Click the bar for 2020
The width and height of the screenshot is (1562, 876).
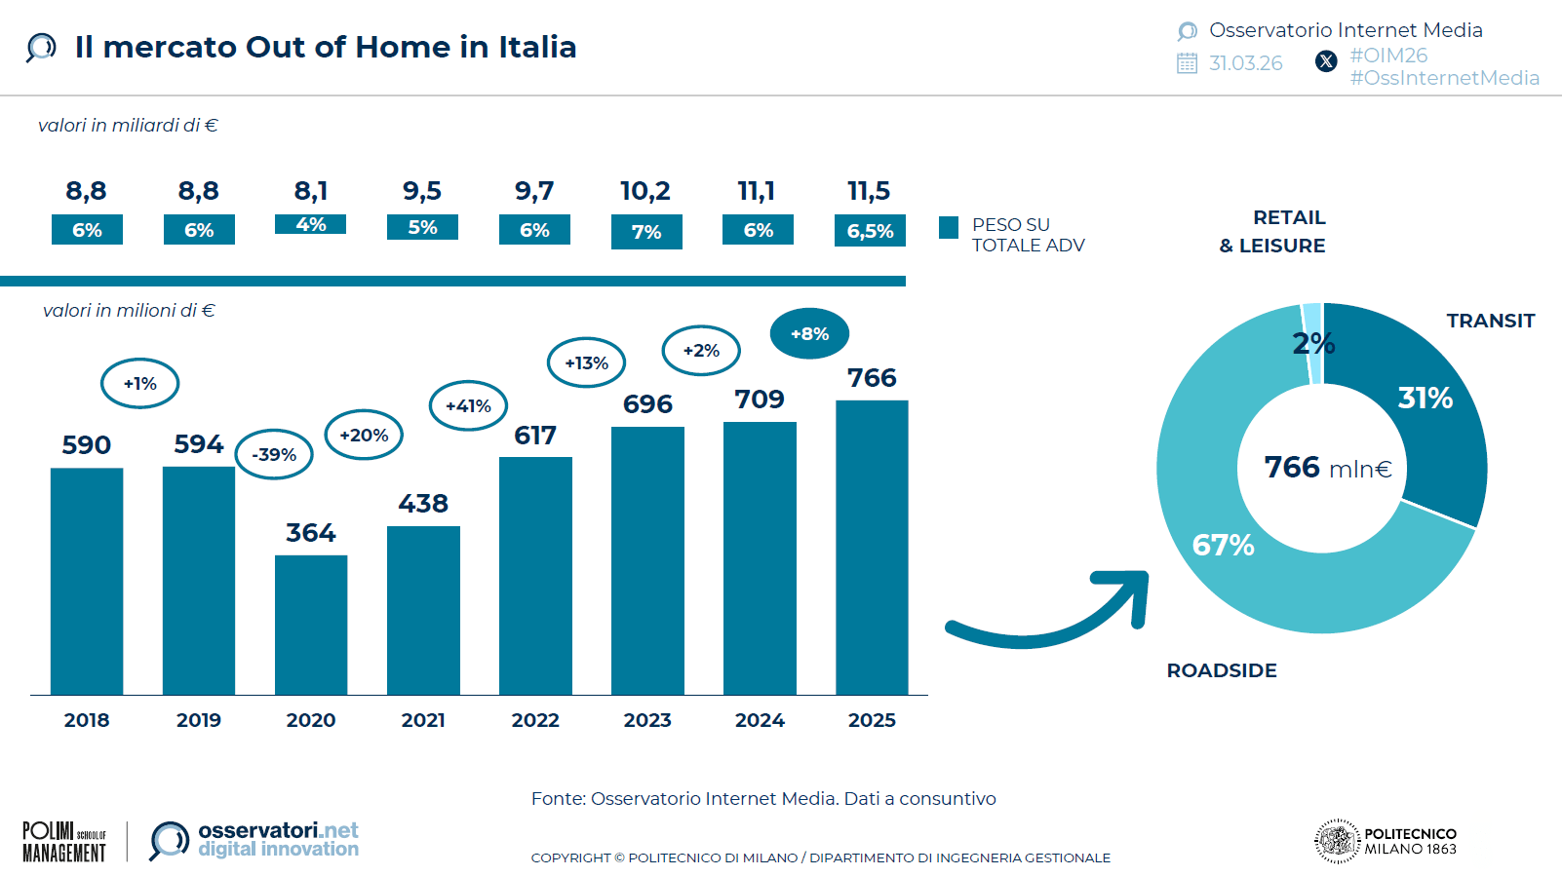point(311,625)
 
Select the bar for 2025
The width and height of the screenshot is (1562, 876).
point(872,547)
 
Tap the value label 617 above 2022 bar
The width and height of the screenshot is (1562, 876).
point(535,436)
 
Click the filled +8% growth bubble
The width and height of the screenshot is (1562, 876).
point(809,333)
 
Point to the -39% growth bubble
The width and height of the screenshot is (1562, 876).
point(274,454)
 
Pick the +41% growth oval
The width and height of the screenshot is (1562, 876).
point(468,405)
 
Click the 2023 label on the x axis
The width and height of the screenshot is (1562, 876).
point(647,720)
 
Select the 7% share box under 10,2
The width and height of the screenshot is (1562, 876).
point(646,232)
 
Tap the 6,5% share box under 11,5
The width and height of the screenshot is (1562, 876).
point(870,231)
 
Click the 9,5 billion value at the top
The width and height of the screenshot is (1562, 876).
point(422,191)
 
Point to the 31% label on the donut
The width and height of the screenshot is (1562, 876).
point(1425,398)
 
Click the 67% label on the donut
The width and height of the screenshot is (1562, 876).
point(1223,545)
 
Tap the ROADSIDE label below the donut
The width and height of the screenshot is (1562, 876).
point(1222,670)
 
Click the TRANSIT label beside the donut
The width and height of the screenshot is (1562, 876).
point(1490,321)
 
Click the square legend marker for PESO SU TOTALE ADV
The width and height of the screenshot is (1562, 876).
point(949,227)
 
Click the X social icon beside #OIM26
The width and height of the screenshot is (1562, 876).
point(1326,61)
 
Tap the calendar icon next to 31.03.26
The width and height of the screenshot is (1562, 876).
point(1187,63)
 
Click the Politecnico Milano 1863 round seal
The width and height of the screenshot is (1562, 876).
point(1337,841)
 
